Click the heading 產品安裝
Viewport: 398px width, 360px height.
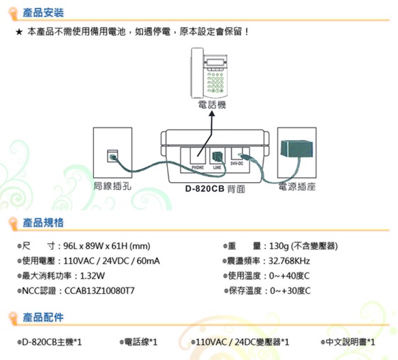(x=43, y=13)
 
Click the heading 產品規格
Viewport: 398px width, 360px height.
(x=43, y=223)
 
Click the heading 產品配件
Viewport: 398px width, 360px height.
(x=43, y=317)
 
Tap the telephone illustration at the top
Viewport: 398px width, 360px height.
(x=209, y=73)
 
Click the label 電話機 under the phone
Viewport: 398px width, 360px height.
(x=212, y=105)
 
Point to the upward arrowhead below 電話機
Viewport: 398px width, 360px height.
(x=212, y=115)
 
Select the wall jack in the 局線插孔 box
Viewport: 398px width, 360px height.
(x=112, y=156)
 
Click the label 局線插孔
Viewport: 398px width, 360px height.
(x=112, y=186)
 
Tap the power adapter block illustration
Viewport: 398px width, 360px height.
(x=297, y=149)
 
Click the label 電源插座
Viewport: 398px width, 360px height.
(x=297, y=186)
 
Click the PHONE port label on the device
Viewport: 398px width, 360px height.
(x=198, y=168)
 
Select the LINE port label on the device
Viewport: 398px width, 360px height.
(x=217, y=168)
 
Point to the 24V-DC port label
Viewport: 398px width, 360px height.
(x=237, y=164)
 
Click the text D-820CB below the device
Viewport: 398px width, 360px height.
(x=205, y=189)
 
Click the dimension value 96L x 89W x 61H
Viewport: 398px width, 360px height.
(x=95, y=246)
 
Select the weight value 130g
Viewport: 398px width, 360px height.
(x=279, y=246)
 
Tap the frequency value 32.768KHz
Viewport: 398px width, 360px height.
(x=289, y=261)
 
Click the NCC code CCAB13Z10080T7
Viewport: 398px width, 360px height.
(x=99, y=291)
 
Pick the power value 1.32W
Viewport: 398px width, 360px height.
(x=92, y=276)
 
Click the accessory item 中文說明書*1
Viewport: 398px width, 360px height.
(x=348, y=342)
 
